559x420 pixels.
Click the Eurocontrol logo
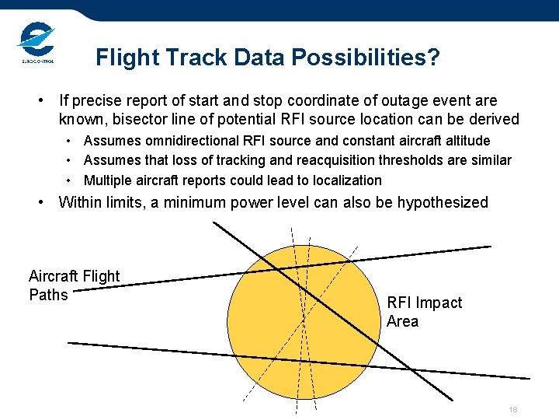[36, 44]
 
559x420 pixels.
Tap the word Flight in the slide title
[120, 58]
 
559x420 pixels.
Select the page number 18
[512, 410]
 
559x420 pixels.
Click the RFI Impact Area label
[424, 312]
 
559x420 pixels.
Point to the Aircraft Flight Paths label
[74, 285]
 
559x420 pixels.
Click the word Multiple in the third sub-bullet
[106, 180]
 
